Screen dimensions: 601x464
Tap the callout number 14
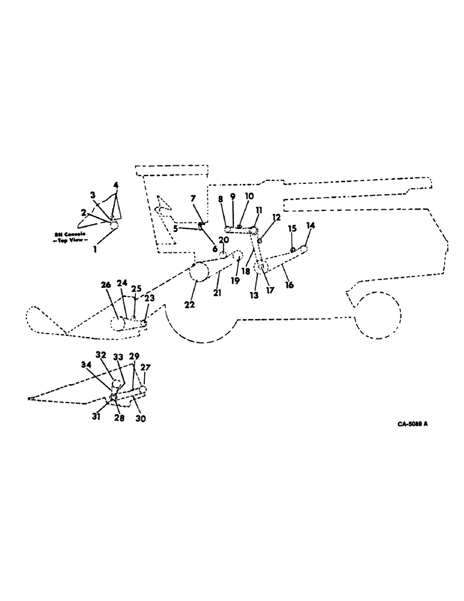310,226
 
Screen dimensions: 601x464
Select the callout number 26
107,285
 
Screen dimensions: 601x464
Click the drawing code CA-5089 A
412,424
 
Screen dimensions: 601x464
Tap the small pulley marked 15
292,250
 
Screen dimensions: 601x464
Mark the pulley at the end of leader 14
304,249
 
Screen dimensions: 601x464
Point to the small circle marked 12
260,240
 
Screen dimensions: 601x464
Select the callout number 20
223,240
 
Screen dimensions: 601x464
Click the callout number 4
115,185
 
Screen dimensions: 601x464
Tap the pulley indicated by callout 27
143,391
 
